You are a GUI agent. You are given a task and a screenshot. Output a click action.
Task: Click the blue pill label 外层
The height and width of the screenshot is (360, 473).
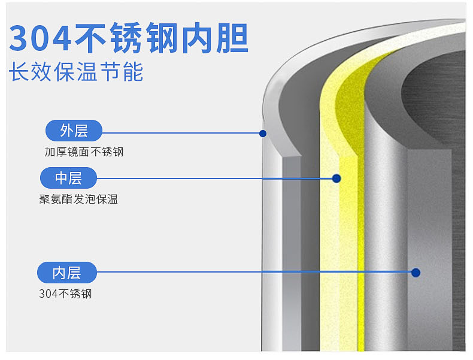(74, 131)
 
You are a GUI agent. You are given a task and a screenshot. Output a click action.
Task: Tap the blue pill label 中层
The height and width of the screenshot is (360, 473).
(68, 178)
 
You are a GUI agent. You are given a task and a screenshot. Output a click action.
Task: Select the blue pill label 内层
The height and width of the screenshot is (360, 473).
(67, 273)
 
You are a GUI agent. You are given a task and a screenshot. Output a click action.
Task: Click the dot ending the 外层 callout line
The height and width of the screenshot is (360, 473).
(262, 133)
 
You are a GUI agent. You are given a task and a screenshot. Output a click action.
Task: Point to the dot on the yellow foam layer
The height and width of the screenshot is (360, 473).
(336, 178)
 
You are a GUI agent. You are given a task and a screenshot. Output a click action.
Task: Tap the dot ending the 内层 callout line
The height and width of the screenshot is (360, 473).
(416, 273)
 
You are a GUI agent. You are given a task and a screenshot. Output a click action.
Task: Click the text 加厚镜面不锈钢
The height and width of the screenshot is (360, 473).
(84, 152)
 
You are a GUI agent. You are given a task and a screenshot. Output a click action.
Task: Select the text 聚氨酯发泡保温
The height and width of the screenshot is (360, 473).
(78, 199)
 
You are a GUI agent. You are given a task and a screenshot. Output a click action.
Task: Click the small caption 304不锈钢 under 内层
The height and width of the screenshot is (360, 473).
(65, 294)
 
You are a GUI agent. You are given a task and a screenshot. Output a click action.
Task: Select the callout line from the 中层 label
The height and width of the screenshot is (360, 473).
(210, 178)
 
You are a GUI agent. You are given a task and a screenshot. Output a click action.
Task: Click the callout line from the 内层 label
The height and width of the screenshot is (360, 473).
(251, 272)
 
